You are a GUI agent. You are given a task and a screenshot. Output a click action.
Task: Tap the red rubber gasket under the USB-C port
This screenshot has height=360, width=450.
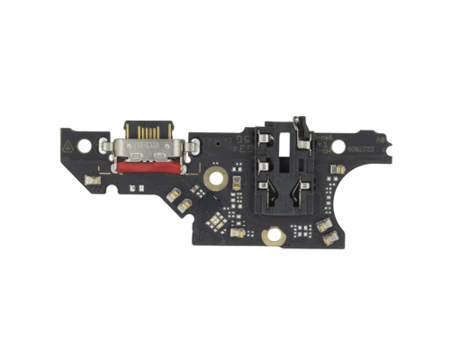tap(148, 165)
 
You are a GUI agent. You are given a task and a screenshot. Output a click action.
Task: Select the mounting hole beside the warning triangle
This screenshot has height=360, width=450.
tap(84, 144)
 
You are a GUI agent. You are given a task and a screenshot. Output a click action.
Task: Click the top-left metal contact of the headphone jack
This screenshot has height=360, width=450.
tap(265, 137)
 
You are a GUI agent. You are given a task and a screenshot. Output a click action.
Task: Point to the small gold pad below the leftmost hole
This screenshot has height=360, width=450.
tap(88, 180)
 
